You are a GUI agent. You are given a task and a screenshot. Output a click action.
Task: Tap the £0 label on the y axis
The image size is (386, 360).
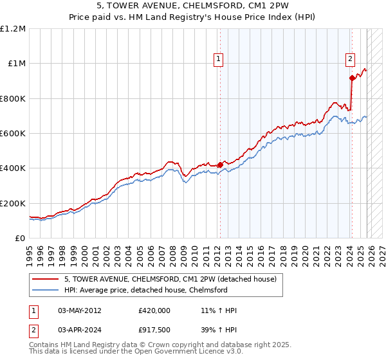[x=21, y=239]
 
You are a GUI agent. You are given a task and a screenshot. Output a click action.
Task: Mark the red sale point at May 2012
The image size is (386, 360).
[x=220, y=165]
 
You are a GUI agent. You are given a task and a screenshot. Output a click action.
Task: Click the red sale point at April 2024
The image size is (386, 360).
[x=352, y=78]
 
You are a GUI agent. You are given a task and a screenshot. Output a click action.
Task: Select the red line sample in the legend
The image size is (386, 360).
[x=46, y=279]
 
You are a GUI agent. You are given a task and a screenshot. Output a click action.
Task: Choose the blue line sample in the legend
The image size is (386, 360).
[x=46, y=290]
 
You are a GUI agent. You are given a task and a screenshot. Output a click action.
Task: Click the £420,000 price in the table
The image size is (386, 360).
[x=154, y=310]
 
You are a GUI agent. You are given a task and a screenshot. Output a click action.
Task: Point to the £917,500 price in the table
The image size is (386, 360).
[x=154, y=330]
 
